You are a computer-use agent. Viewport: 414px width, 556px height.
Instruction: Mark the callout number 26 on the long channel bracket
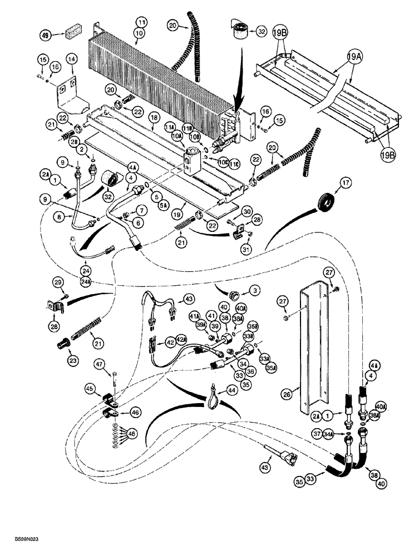click(x=286, y=395)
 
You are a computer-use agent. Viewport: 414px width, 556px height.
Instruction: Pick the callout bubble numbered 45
click(x=90, y=388)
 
